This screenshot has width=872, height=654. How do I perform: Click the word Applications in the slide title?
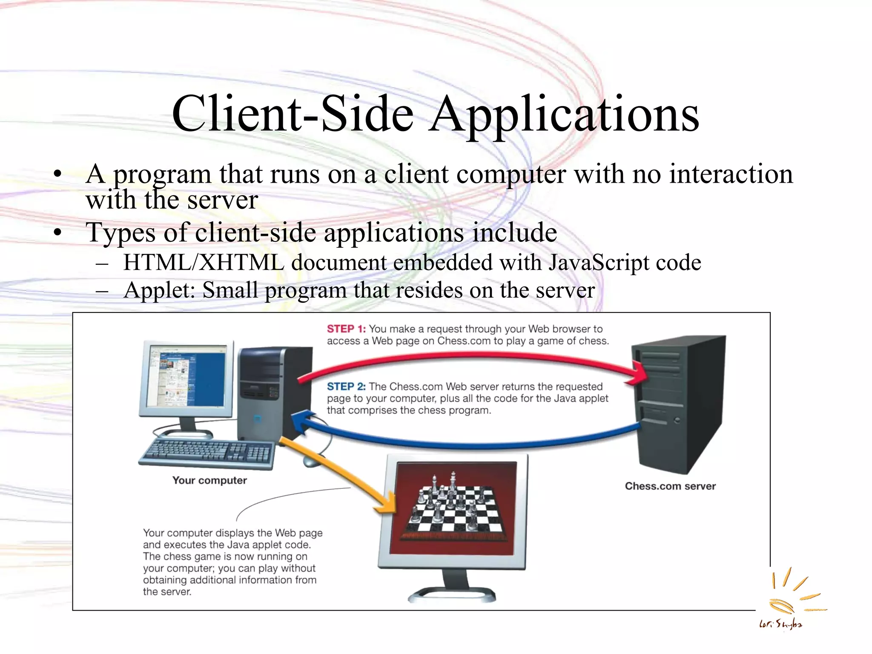click(564, 114)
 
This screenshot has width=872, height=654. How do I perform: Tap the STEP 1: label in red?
click(346, 329)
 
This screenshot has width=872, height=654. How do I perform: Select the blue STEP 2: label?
click(346, 387)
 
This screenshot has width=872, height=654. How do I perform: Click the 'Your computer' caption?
click(209, 480)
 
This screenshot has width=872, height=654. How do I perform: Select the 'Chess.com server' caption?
click(670, 486)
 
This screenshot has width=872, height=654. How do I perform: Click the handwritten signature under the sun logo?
click(780, 625)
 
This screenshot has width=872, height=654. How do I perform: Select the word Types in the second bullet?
click(120, 233)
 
